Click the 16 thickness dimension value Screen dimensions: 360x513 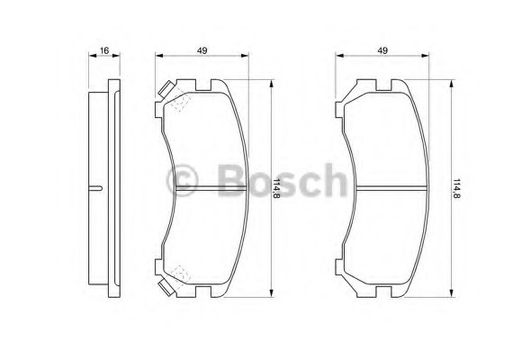tap(104, 49)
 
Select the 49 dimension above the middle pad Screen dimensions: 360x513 tap(202, 49)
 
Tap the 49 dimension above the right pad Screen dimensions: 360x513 tap(382, 49)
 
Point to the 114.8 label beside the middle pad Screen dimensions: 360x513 tap(278, 189)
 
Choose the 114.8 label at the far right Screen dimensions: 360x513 tap(458, 189)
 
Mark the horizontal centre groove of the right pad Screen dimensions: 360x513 tap(392, 188)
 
